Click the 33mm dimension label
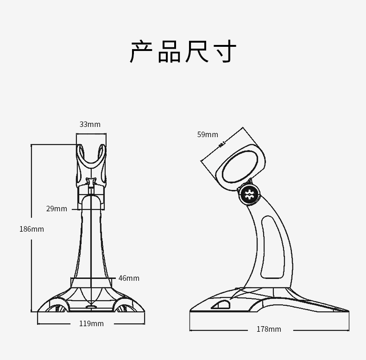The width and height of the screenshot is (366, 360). (90, 124)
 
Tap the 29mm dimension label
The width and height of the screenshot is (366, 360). (57, 208)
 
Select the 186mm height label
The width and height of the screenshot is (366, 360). (32, 229)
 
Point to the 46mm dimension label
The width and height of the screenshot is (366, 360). (129, 278)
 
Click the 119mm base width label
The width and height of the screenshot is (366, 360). (91, 323)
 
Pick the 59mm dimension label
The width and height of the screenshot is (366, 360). (208, 134)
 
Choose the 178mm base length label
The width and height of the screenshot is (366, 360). (269, 329)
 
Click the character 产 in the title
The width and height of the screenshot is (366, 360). (142, 51)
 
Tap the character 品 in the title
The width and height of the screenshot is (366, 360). (169, 51)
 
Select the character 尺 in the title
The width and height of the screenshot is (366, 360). (197, 51)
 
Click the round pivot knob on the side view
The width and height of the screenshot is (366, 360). (249, 194)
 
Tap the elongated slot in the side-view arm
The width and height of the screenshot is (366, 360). (272, 248)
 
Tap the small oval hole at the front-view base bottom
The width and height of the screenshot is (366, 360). (91, 306)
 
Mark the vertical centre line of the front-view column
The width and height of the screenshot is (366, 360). (91, 246)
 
